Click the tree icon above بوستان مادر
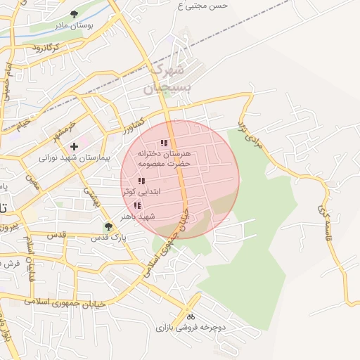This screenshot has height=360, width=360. pyautogui.click(x=75, y=14)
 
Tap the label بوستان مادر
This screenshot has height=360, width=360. pyautogui.click(x=75, y=25)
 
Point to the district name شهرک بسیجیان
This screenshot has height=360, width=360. pyautogui.click(x=167, y=79)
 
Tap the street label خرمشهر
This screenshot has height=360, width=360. pyautogui.click(x=63, y=130)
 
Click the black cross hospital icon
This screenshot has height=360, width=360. pyautogui.click(x=74, y=146)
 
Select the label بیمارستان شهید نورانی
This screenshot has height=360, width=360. pyautogui.click(x=75, y=157)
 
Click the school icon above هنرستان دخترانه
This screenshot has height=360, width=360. pyautogui.click(x=164, y=143)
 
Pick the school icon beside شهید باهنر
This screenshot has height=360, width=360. pyautogui.click(x=137, y=206)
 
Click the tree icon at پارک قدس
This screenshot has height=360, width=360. pyautogui.click(x=108, y=226)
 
